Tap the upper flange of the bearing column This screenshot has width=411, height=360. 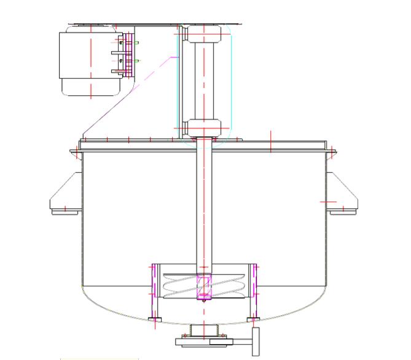[x=203, y=31]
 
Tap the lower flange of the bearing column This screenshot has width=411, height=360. [x=203, y=128]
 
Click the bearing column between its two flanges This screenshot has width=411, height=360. [x=203, y=80]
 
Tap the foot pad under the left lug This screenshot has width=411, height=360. [x=66, y=211]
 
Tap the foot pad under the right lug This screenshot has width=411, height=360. [x=342, y=211]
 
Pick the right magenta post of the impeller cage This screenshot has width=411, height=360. [x=254, y=289]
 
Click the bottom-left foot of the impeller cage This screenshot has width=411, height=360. [x=154, y=319]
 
